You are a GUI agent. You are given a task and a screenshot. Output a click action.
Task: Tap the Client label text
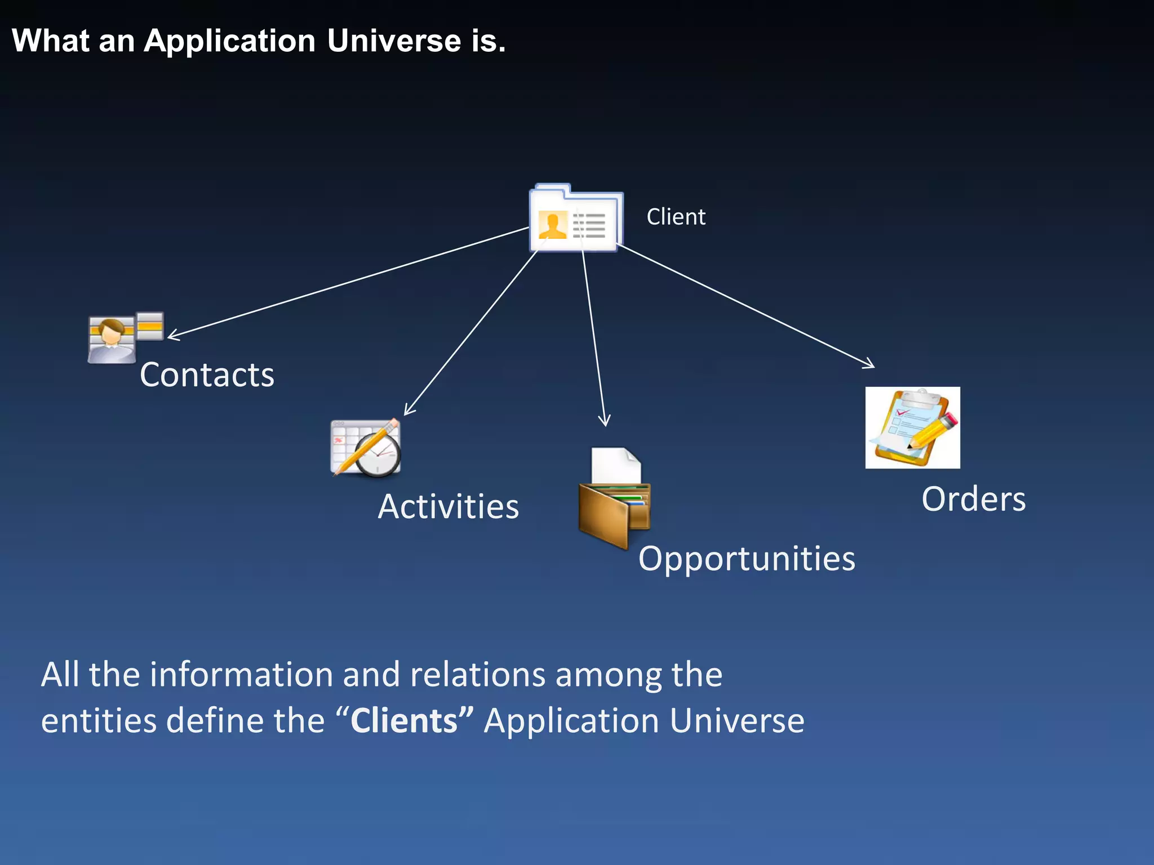click(x=676, y=217)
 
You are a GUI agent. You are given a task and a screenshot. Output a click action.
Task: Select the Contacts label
click(x=207, y=375)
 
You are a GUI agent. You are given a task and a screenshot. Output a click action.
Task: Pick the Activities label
click(x=448, y=506)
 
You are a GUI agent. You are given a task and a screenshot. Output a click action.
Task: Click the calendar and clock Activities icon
click(x=366, y=448)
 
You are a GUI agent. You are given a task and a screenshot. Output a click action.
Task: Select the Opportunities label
click(x=747, y=559)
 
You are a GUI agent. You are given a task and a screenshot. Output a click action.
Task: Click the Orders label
click(x=973, y=499)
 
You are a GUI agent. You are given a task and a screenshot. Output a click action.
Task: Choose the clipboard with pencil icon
click(x=912, y=427)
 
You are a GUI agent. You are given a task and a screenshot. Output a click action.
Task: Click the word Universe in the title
click(x=394, y=41)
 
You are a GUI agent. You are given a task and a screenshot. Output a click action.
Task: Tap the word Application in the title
click(x=229, y=41)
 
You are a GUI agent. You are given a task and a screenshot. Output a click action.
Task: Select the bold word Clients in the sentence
click(x=404, y=721)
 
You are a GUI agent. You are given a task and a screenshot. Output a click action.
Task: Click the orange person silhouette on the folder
click(x=552, y=225)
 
